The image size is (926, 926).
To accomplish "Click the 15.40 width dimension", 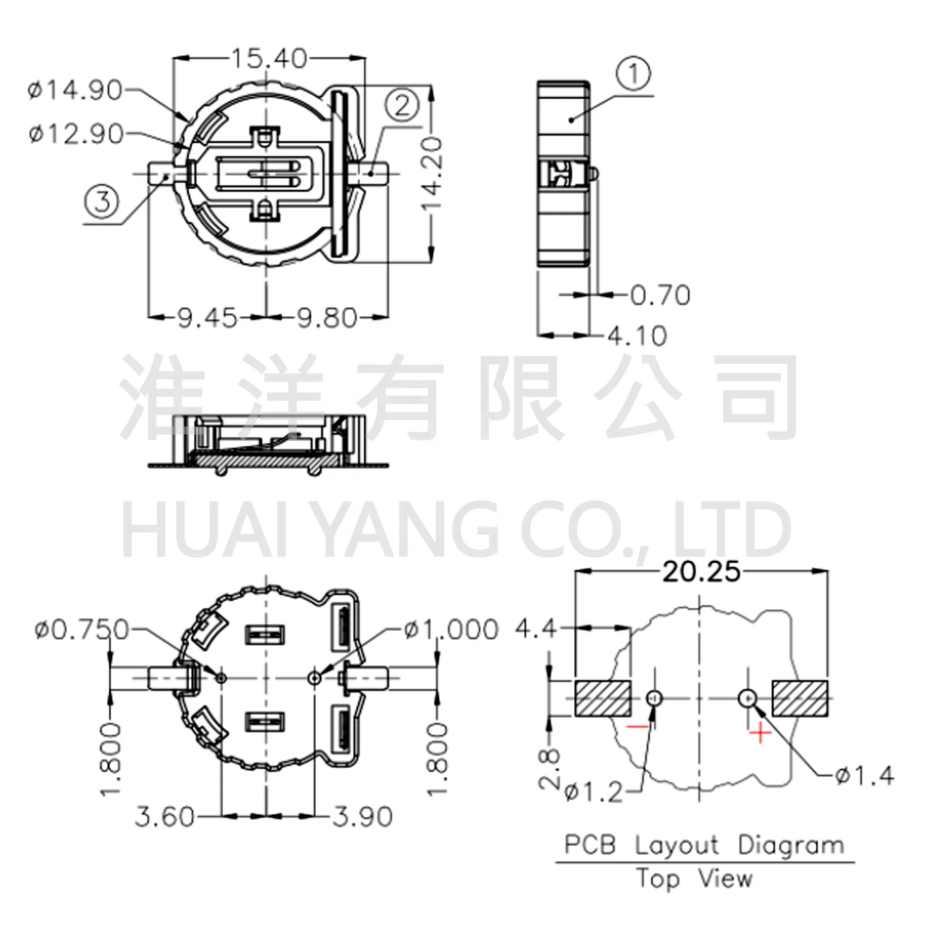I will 269,59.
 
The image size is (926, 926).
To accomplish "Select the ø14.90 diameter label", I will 76,90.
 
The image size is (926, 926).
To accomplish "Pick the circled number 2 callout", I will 402,106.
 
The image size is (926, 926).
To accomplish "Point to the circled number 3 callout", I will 102,202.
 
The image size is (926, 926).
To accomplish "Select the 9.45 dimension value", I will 207,318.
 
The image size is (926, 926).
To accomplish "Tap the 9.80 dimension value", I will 327,318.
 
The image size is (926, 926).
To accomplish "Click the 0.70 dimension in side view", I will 660,296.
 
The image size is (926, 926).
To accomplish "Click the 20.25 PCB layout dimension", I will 701,572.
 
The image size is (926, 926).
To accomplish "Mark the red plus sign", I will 760,734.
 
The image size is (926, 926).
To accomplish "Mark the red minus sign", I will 638,727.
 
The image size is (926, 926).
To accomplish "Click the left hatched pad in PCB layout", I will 603,699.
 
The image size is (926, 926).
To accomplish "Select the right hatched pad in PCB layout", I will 800,699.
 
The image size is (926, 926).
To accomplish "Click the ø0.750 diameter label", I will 82,630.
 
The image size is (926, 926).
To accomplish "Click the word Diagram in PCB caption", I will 791,846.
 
